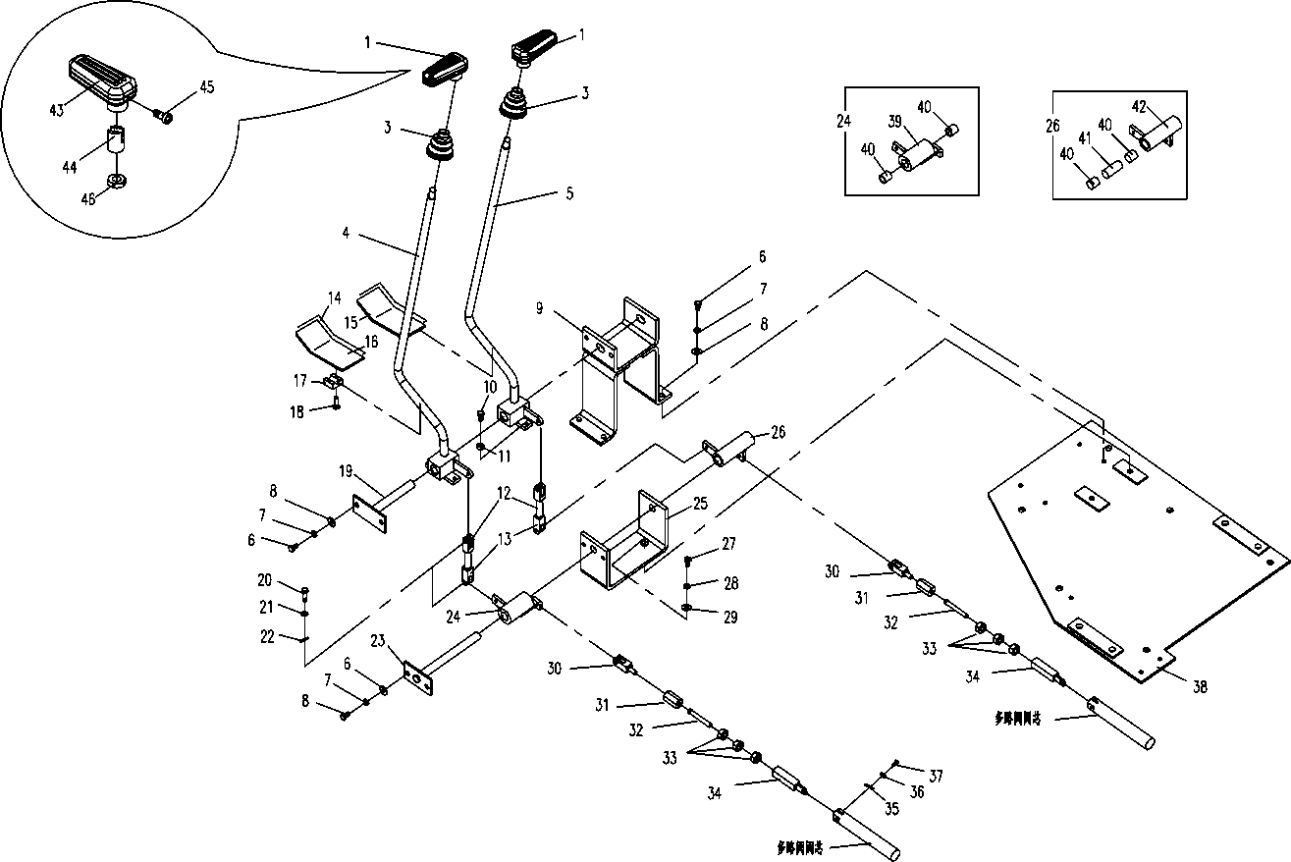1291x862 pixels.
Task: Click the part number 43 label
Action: tap(57, 110)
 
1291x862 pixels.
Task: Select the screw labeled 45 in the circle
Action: tap(166, 117)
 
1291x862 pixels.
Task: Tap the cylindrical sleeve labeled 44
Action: tap(117, 136)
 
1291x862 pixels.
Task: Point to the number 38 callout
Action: tap(1199, 688)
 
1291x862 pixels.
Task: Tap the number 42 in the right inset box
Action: tap(1138, 106)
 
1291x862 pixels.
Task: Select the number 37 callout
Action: tap(936, 776)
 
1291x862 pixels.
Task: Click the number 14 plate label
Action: tap(335, 296)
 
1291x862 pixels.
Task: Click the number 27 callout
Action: tap(727, 543)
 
